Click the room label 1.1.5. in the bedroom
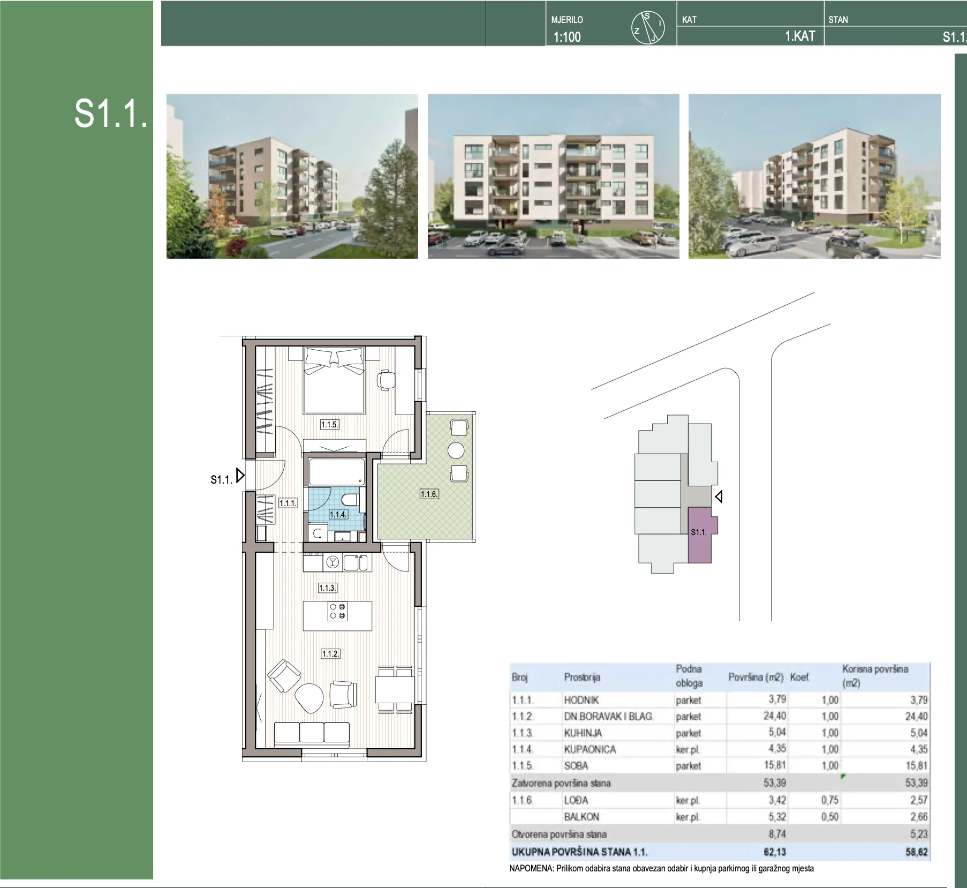329,425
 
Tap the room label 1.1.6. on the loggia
429,494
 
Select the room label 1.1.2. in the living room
330,654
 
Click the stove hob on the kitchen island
338,612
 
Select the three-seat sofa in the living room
312,734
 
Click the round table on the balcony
456,450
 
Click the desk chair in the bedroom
386,379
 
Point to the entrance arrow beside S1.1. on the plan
240,475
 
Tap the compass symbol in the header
648,28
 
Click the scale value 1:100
567,37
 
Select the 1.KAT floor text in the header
800,36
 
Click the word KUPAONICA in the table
590,749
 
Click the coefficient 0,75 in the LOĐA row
829,800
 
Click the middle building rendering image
553,177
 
